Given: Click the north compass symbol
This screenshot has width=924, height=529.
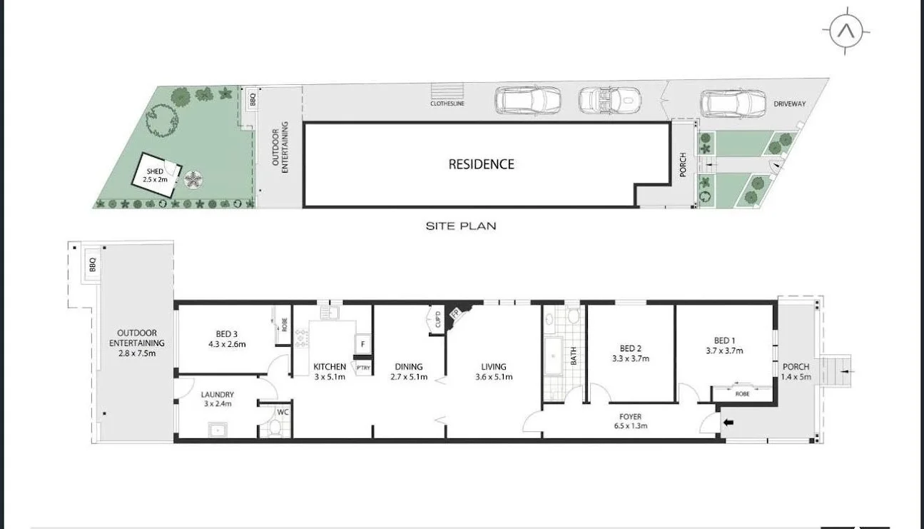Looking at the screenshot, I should (x=846, y=31).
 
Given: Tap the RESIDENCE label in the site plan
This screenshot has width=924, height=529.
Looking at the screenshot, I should (x=481, y=164).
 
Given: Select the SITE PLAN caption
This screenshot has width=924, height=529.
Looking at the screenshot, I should (x=460, y=226).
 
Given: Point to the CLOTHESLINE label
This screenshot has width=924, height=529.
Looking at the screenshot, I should (x=447, y=103).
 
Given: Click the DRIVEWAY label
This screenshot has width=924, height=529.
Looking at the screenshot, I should (x=790, y=104).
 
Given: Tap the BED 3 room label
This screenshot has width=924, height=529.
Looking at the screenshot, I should (x=226, y=333).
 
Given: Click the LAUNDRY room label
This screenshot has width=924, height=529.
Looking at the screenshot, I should (x=217, y=394).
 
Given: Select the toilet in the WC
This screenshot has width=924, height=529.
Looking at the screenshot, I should (x=275, y=427).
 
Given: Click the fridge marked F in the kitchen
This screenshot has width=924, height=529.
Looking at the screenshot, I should (x=362, y=344).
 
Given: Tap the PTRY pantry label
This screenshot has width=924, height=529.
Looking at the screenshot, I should (x=363, y=368).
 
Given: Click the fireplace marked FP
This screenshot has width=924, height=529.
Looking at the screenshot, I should (x=454, y=312).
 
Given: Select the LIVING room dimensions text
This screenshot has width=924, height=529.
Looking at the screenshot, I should (x=493, y=377).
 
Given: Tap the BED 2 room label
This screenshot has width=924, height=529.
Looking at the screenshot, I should (x=629, y=349).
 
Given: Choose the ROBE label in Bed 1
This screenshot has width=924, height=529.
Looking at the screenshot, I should (x=742, y=392).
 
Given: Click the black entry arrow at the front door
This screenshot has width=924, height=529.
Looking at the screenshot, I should (x=728, y=423).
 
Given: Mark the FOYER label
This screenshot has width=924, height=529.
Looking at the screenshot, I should (x=630, y=417).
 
